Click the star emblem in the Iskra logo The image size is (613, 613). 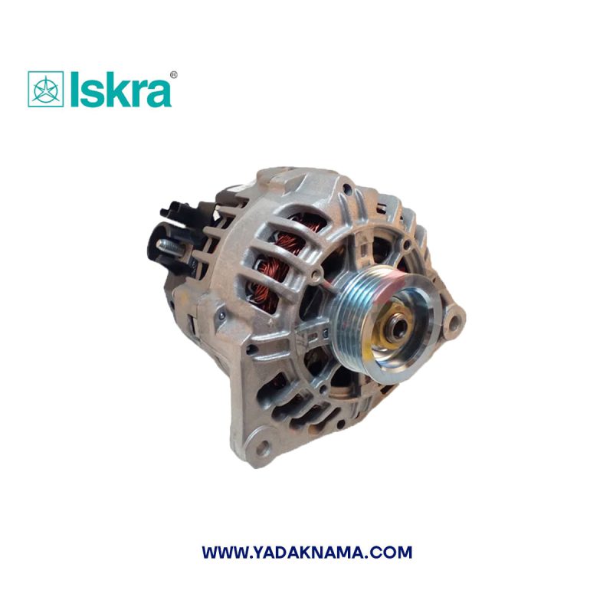(46, 90)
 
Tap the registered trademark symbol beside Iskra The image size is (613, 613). (174, 75)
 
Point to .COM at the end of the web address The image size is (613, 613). (392, 552)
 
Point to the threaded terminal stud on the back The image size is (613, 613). (170, 247)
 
